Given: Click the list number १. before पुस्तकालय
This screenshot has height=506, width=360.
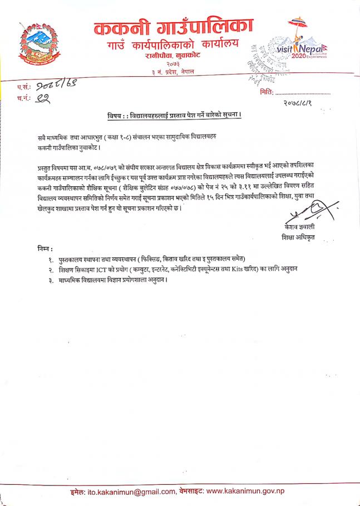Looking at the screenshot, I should pyautogui.click(x=50, y=259).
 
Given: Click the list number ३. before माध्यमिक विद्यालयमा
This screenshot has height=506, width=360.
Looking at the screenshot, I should pyautogui.click(x=50, y=280).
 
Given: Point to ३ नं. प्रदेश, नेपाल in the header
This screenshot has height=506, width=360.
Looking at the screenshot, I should pyautogui.click(x=173, y=74).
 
